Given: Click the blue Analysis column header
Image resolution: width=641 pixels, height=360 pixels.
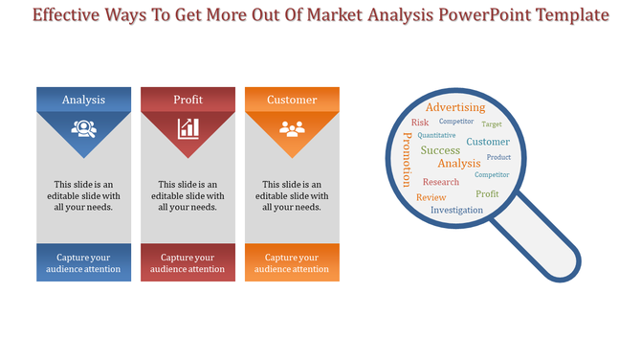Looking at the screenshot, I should pyautogui.click(x=84, y=100).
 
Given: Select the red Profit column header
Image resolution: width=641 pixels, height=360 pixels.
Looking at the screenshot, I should pyautogui.click(x=188, y=100).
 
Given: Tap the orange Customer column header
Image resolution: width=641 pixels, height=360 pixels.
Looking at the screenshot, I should pyautogui.click(x=292, y=100).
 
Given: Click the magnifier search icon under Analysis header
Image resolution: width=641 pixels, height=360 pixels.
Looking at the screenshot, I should pyautogui.click(x=84, y=127).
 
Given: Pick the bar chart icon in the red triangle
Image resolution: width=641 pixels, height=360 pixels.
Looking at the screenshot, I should pyautogui.click(x=188, y=127).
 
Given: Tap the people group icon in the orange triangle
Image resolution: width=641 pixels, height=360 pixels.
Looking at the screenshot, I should pyautogui.click(x=292, y=127).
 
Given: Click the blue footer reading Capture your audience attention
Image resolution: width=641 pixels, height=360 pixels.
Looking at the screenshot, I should pyautogui.click(x=84, y=263).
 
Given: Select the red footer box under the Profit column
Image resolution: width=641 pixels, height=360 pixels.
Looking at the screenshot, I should pyautogui.click(x=188, y=263).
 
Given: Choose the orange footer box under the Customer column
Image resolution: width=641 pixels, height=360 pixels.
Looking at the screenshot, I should pyautogui.click(x=292, y=263).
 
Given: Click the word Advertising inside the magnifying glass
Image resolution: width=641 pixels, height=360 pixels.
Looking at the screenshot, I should pyautogui.click(x=455, y=107).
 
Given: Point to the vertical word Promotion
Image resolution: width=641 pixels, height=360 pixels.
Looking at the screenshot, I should pyautogui.click(x=407, y=160).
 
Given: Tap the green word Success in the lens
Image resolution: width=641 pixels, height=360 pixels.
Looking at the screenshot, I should pyautogui.click(x=440, y=150).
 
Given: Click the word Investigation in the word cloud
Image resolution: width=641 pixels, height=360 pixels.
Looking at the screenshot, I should pyautogui.click(x=456, y=210).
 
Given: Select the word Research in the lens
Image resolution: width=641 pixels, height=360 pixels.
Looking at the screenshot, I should pyautogui.click(x=441, y=182).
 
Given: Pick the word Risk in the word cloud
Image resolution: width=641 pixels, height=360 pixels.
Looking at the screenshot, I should pyautogui.click(x=420, y=123).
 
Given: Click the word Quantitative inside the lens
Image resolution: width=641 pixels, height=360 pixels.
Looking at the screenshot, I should pyautogui.click(x=436, y=136).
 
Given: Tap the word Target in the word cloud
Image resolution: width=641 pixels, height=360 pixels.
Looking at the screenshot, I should pyautogui.click(x=492, y=124).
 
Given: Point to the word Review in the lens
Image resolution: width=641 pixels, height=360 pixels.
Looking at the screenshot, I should pyautogui.click(x=431, y=197).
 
